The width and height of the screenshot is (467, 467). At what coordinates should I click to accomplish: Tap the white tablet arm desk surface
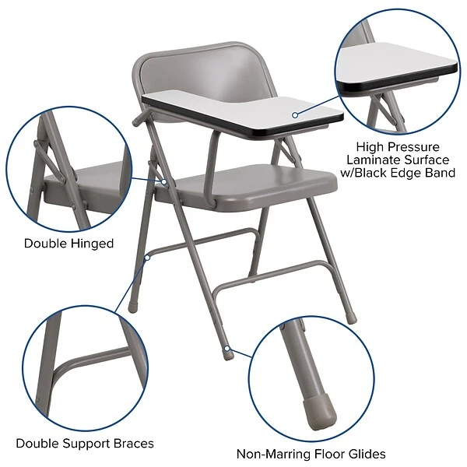click(233, 105)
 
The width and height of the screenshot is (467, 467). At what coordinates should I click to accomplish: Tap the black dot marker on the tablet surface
click(295, 114)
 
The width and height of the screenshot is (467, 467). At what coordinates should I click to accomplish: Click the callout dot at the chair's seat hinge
click(165, 182)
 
